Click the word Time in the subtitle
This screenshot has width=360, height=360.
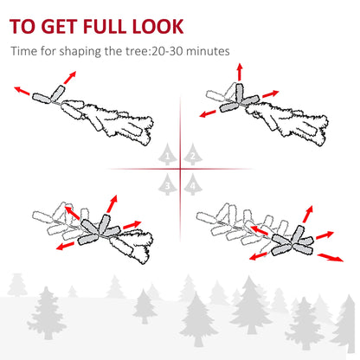26,51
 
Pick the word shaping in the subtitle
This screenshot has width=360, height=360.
87,51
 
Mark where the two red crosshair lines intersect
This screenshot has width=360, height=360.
180,169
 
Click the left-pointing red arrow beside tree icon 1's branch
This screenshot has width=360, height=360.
21,88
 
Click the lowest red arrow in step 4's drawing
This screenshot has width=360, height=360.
326,256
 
